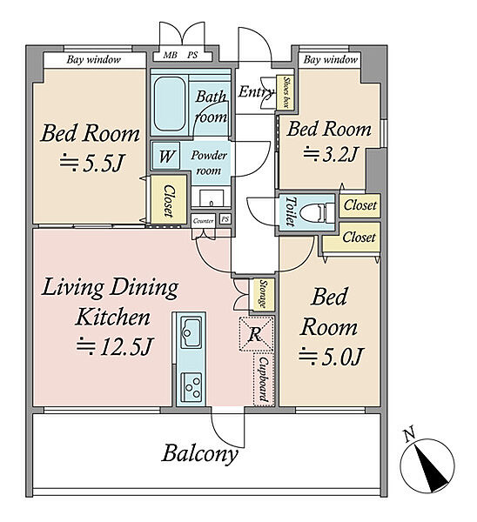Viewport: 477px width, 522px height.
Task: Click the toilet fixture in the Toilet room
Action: tap(317, 212)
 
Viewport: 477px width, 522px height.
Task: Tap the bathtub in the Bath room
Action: tap(170, 104)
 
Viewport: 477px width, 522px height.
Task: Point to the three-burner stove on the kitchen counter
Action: tap(191, 385)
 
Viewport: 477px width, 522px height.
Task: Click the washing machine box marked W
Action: tap(166, 156)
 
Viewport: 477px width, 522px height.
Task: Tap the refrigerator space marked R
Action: tap(256, 334)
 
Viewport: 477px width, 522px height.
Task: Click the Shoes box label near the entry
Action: tap(286, 92)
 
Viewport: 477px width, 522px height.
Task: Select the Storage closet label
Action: tap(264, 294)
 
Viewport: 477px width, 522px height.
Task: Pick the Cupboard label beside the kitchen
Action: tap(264, 379)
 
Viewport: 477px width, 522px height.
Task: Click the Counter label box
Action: tap(203, 221)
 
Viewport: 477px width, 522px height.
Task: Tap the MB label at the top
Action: tap(170, 55)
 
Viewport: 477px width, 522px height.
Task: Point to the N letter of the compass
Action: tap(409, 435)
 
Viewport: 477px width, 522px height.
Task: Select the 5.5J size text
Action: tap(92, 163)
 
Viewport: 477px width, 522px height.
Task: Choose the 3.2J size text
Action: tap(330, 154)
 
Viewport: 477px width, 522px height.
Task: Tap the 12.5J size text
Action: tap(115, 346)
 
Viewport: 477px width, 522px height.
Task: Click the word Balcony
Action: tap(200, 454)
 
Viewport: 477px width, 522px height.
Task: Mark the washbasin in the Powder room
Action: tap(212, 198)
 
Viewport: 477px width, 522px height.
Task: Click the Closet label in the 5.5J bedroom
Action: tap(169, 201)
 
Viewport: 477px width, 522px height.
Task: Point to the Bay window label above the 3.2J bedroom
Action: tap(331, 60)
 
